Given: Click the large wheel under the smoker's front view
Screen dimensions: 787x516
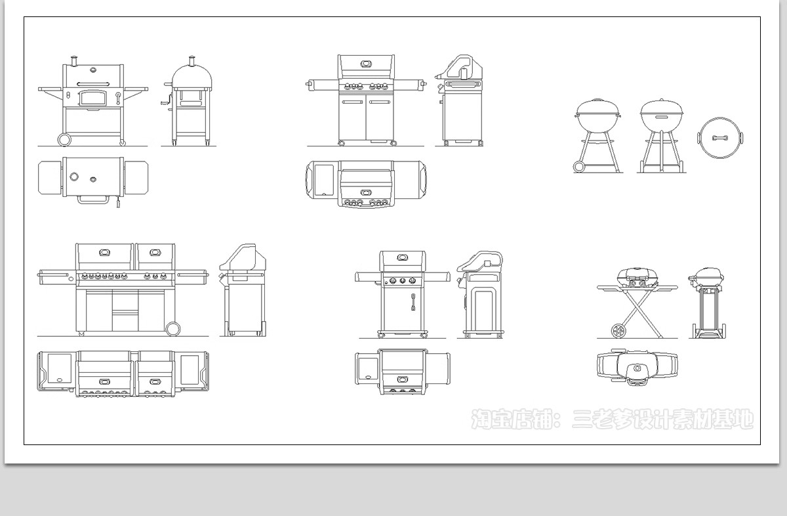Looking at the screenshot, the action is point(64,139).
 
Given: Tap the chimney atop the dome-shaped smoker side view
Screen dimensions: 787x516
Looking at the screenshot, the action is point(192,61).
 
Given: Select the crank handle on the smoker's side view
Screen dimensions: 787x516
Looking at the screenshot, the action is point(167,100).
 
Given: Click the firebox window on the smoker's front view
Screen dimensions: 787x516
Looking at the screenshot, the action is point(92,98).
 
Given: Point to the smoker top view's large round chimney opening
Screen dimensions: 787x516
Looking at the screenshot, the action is point(74,176).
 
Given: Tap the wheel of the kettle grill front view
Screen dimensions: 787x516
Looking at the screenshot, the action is point(579,166).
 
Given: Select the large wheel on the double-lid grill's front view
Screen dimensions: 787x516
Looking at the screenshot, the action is point(172,328).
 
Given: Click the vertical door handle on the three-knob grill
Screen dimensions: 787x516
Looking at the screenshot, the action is point(413,302).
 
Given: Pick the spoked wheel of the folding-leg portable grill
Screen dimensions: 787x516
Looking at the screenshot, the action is point(618,331).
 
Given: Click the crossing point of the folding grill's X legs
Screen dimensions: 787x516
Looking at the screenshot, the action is point(637,307).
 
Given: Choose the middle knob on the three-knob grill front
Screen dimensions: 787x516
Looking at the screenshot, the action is point(403,281).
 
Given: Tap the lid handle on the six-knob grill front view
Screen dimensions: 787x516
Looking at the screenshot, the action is point(366,64).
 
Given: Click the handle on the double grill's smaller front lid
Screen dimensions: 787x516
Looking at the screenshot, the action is point(155,253).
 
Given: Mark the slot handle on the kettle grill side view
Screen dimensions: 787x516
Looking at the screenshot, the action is point(662,117).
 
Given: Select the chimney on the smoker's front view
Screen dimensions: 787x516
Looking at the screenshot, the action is point(73,61).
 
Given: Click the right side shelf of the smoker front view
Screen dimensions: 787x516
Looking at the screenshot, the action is point(136,89).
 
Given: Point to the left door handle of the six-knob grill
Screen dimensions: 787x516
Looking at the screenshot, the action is point(352,102).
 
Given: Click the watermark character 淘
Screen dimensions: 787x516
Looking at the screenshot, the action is point(481,419).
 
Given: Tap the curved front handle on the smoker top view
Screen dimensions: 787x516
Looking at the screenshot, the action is point(92,200).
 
